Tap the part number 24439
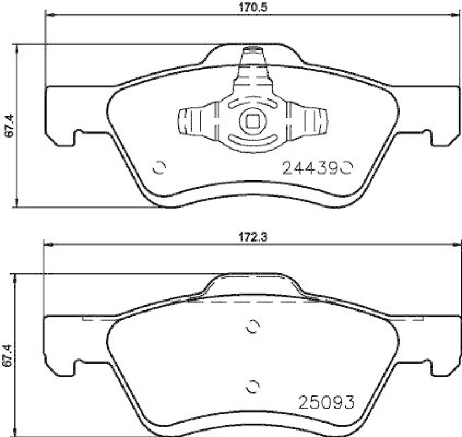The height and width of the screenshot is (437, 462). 309,168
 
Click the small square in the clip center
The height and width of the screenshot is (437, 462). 252,122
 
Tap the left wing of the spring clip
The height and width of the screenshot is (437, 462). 193,122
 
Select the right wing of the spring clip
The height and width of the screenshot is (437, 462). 312,122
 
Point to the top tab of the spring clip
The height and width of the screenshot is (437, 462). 252,55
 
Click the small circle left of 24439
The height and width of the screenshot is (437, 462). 159,168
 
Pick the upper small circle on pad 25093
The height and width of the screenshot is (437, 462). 252,327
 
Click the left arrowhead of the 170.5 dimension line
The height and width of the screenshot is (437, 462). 49,16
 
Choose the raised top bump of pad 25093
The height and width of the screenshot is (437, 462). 252,283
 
